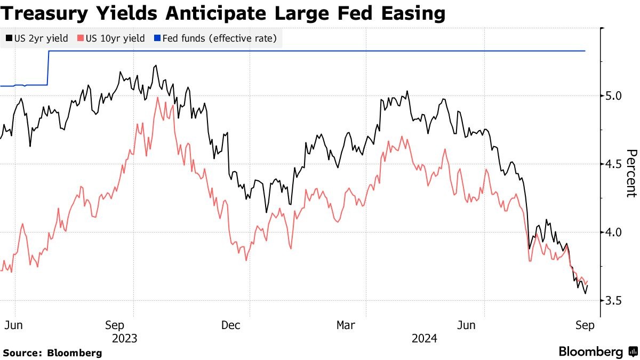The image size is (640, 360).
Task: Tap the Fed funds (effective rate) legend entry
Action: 215,38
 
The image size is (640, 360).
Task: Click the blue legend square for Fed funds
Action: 157,38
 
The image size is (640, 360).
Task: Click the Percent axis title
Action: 630,173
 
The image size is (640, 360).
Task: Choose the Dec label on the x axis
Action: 231,325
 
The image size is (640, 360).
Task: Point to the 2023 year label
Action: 125,339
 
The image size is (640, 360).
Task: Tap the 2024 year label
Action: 425,339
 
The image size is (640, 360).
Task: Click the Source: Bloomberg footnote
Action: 52,353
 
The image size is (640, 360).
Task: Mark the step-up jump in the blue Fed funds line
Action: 49,68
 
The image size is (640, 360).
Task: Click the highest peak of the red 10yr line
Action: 157,98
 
